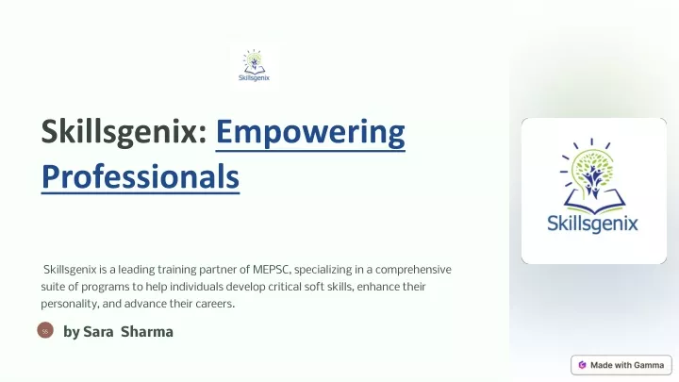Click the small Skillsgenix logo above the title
click(254, 65)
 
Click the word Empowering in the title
click(310, 132)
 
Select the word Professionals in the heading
click(141, 176)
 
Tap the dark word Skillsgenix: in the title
click(124, 131)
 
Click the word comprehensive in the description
click(413, 270)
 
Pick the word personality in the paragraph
click(69, 304)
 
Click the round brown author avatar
click(45, 330)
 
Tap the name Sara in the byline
click(98, 332)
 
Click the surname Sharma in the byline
click(147, 332)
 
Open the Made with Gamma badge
click(621, 365)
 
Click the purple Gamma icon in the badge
click(582, 365)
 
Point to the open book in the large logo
click(594, 202)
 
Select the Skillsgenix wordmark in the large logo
click(592, 224)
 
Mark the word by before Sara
click(72, 333)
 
